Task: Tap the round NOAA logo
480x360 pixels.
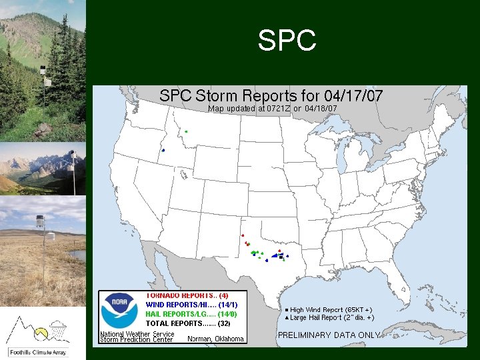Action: click(x=119, y=311)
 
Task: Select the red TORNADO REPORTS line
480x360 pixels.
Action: click(x=187, y=295)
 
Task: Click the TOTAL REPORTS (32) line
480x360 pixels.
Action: click(x=188, y=323)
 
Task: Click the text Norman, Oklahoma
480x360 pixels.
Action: click(x=216, y=339)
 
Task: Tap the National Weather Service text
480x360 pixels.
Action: click(x=137, y=334)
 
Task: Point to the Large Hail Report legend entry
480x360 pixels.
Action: click(x=329, y=318)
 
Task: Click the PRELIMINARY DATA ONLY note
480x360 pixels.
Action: click(x=329, y=335)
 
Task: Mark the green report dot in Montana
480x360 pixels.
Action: click(x=186, y=131)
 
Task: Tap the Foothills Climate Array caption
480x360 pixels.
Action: click(x=43, y=351)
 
